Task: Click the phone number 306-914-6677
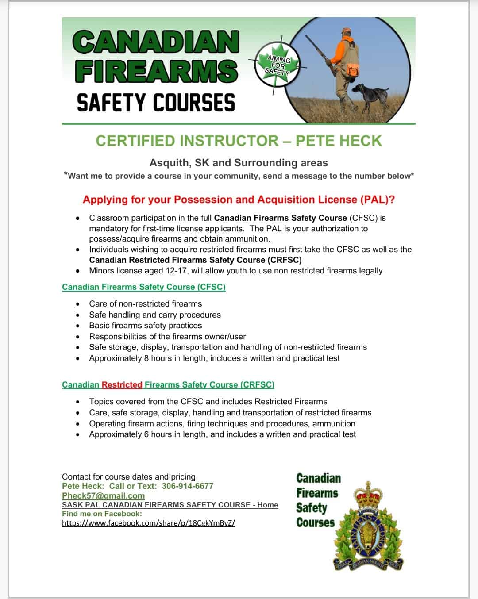pos(187,486)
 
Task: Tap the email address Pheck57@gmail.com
pos(103,495)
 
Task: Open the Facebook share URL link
pos(148,523)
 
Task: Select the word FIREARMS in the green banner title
pos(156,71)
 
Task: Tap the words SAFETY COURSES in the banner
pos(156,103)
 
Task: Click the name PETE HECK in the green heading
pos(338,141)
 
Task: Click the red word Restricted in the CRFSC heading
pos(122,385)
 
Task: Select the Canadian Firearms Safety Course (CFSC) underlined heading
pos(144,287)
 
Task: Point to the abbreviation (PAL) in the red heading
pos(377,200)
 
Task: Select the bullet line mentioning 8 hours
pos(214,358)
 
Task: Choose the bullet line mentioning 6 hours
pos(222,434)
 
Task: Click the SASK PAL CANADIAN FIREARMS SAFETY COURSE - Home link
pos(170,505)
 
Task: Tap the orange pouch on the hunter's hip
pos(353,69)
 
